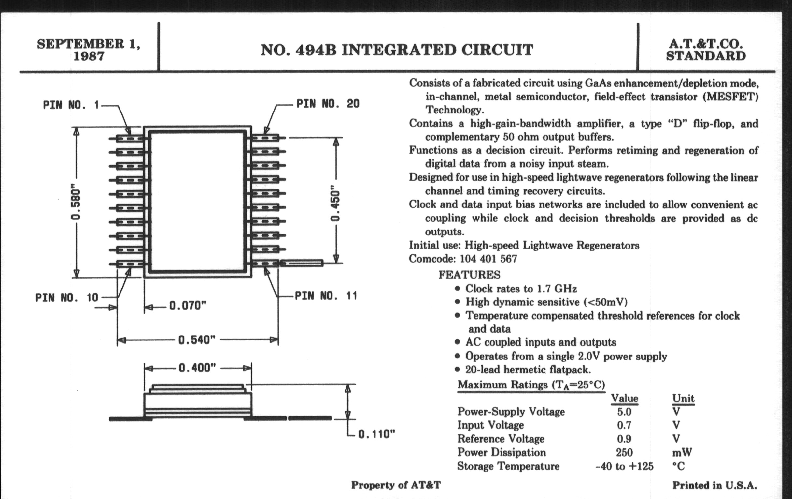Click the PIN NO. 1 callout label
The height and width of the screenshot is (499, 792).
[71, 105]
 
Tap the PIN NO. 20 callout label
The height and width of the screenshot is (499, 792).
[328, 104]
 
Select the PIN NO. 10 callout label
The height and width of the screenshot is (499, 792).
[67, 297]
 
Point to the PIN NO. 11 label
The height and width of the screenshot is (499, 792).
[326, 295]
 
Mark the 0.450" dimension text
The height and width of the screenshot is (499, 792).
[335, 203]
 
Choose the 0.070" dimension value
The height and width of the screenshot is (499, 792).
[188, 306]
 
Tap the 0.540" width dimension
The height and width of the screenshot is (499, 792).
[197, 340]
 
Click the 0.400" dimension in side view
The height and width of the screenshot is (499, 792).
[197, 368]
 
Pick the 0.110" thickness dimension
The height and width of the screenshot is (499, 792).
[376, 434]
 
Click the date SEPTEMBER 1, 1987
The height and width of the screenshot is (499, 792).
[89, 50]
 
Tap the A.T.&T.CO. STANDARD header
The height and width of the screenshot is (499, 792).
[706, 50]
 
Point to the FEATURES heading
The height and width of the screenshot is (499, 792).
[469, 275]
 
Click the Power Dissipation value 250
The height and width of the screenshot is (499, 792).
[624, 453]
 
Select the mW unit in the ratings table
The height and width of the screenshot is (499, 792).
[682, 453]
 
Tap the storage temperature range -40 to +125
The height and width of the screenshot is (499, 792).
[624, 466]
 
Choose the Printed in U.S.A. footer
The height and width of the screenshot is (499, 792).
[714, 485]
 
